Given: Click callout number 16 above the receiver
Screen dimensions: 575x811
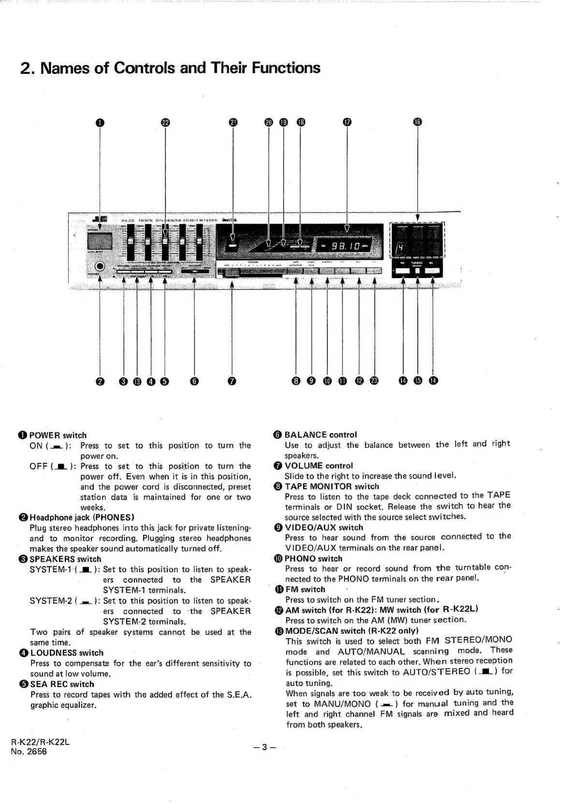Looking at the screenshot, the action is pos(418,122).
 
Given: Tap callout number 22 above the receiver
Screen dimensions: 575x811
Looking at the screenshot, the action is pos(165,122).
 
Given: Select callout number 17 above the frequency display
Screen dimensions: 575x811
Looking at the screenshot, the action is pos(346,122).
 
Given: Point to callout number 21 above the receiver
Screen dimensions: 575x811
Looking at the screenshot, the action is pos(233,122).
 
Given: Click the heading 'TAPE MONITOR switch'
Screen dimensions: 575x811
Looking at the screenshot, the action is pos(331,486).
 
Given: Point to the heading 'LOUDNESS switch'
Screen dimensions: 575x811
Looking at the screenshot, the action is pos(67,653).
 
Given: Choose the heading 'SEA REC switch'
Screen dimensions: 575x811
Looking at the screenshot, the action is pos(62,684).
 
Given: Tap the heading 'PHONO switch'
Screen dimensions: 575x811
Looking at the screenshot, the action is pos(313,559).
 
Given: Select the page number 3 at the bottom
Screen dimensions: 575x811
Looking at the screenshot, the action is pos(264,747).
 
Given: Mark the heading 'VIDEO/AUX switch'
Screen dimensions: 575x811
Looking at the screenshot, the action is pos(324,528).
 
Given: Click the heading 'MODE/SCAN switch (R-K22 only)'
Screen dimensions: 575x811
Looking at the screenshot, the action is pos(352,630).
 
